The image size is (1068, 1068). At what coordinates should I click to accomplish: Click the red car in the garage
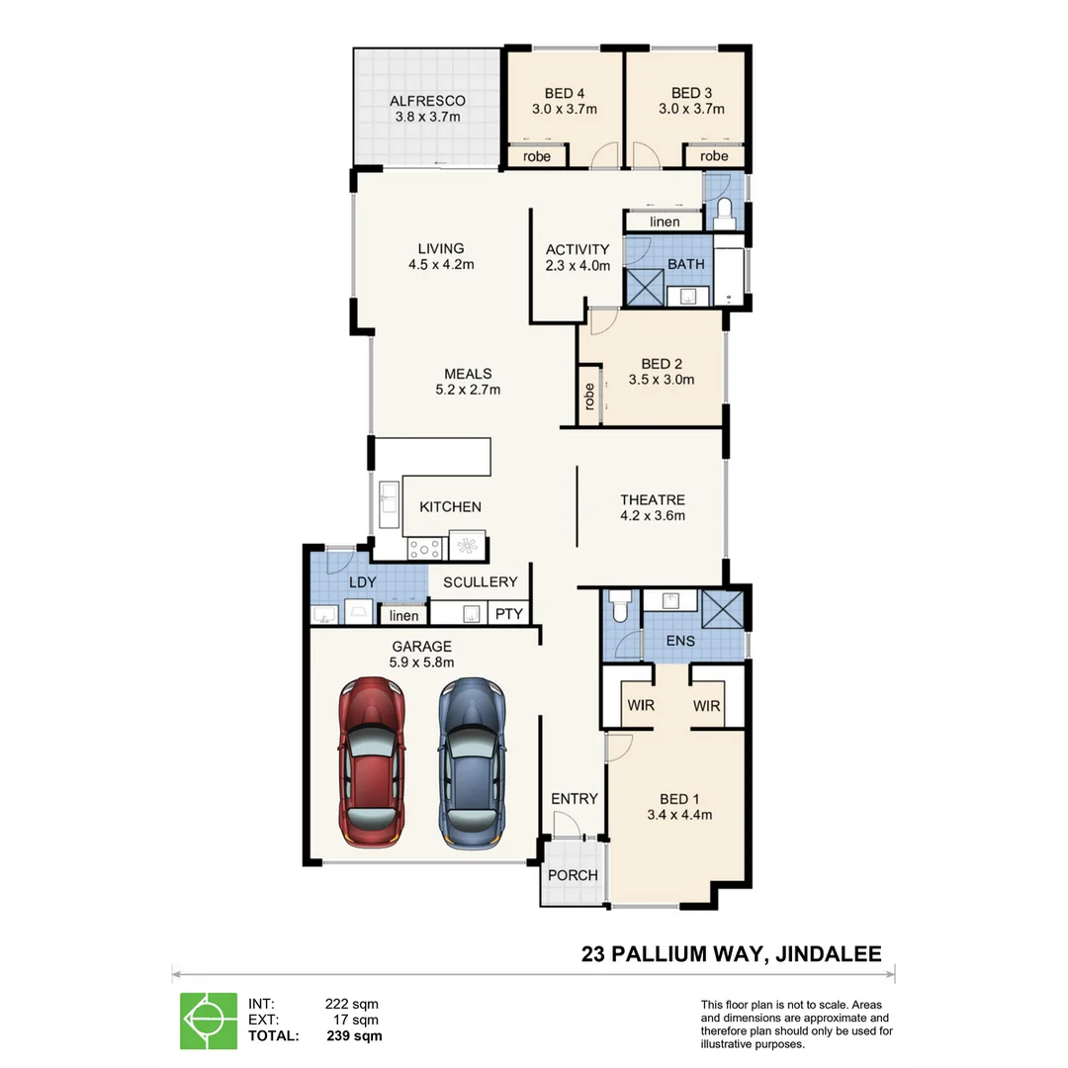372,762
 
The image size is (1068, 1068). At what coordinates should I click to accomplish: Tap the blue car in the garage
472,762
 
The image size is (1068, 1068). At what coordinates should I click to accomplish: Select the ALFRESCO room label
428,101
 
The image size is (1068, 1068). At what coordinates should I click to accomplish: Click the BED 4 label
565,93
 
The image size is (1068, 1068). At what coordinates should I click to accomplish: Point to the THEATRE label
653,500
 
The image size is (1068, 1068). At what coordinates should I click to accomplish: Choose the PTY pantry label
509,614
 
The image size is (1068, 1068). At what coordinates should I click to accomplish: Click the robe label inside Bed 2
589,397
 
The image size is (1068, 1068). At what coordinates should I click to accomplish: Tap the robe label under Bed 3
714,156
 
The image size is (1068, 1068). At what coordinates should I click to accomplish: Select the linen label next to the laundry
403,616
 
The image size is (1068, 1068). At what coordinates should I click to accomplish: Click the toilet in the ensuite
620,605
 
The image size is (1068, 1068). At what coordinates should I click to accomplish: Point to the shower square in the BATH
645,288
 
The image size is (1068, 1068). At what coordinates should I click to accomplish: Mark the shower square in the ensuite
722,609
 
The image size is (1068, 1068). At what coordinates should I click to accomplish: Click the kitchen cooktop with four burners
424,549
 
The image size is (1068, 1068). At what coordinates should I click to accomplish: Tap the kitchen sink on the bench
389,504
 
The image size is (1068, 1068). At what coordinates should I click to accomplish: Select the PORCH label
573,875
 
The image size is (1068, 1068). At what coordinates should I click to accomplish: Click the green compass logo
209,1021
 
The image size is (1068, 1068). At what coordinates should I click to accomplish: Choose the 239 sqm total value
354,1036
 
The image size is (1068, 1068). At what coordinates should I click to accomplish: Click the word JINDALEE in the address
829,954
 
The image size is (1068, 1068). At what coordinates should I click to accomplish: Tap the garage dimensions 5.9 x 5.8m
421,662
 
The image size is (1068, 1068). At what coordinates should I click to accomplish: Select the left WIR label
641,706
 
